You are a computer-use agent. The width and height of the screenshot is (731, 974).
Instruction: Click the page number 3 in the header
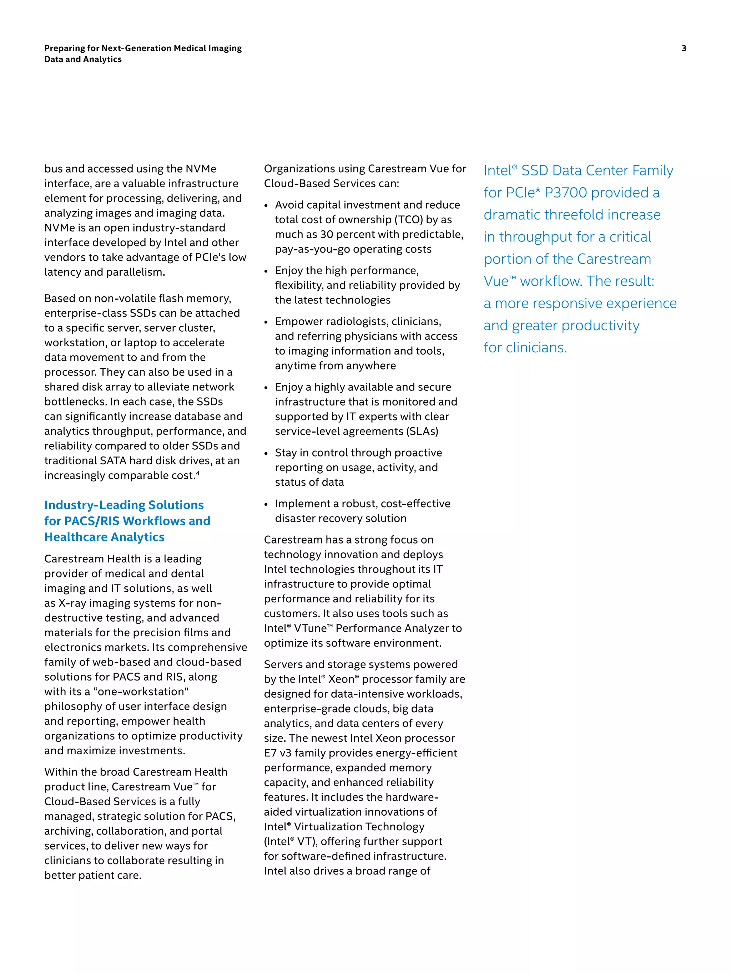[684, 49]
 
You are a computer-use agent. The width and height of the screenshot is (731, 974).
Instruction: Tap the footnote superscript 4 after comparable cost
[198, 473]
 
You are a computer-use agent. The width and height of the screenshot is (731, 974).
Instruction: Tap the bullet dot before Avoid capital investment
[266, 206]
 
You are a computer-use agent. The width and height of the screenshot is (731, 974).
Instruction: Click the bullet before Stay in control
[266, 454]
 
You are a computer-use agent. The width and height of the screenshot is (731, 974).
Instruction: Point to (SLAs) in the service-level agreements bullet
[422, 431]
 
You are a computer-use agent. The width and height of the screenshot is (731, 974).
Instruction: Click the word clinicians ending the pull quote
[536, 348]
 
